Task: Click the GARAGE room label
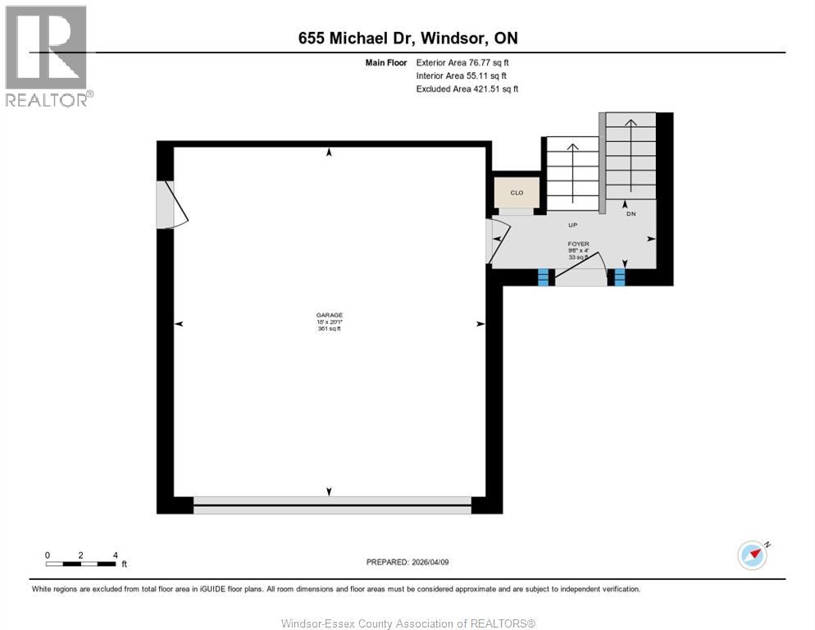click(329, 315)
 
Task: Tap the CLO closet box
click(517, 193)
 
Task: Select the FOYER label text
click(579, 244)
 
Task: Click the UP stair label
click(574, 223)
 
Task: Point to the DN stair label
click(631, 213)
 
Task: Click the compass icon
click(752, 555)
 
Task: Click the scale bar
click(81, 563)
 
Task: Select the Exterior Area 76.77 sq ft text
click(467, 62)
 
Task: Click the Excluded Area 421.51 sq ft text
click(467, 89)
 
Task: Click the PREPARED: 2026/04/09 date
click(408, 562)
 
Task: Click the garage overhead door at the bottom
click(332, 504)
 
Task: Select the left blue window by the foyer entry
click(542, 278)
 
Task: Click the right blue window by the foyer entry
click(620, 277)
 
